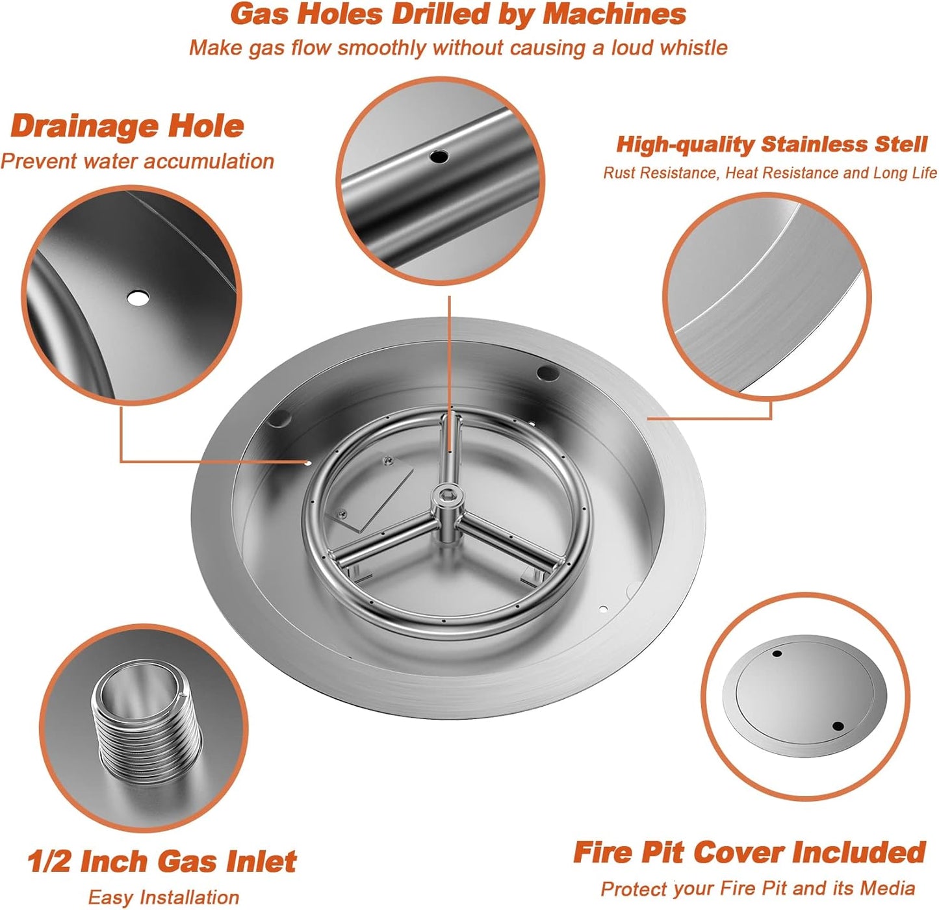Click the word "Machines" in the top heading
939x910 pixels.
pos(613,14)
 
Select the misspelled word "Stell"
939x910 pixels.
pos(901,144)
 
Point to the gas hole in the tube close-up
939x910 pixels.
pos(440,157)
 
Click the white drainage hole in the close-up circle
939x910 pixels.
pos(138,298)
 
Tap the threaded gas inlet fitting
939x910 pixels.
pos(147,723)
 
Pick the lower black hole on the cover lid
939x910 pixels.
pos(838,726)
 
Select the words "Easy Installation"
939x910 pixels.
pos(163,898)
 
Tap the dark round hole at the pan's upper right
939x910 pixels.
pos(547,373)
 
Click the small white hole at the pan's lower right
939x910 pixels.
pos(603,609)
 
